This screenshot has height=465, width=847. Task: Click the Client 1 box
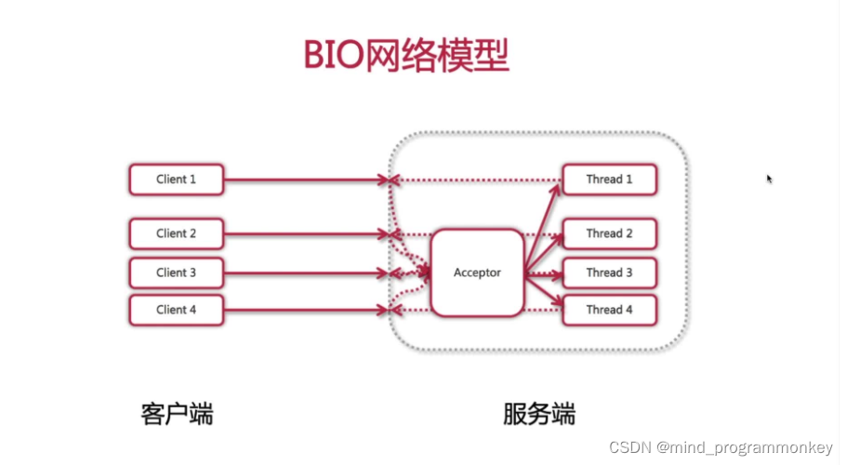pos(177,179)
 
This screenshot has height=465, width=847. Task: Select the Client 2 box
pos(177,233)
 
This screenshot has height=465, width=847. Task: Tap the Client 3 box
pos(177,272)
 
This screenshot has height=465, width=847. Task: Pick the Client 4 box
pos(177,310)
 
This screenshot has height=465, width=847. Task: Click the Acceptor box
pos(477,272)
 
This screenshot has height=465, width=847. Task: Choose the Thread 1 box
pos(609,179)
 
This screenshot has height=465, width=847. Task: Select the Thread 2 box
pos(609,233)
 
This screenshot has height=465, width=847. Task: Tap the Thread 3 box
pos(609,272)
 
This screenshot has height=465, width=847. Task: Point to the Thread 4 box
pos(609,310)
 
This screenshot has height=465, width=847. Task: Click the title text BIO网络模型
pos(407,56)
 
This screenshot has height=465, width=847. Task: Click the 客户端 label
pos(177,413)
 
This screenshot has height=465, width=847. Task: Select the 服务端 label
pos(539,413)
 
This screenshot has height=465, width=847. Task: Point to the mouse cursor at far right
pos(770,179)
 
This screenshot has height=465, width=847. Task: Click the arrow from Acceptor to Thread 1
pos(543,227)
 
